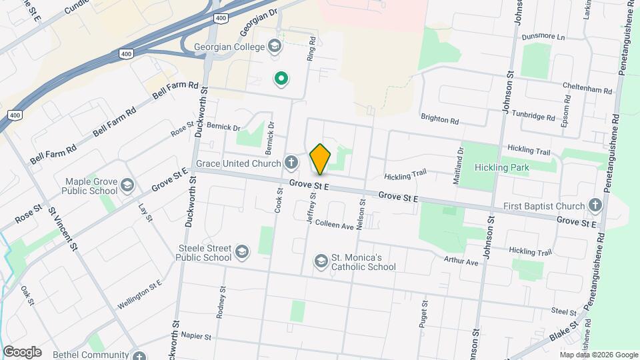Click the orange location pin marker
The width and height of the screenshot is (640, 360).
click(321, 159)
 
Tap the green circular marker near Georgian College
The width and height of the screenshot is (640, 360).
click(281, 79)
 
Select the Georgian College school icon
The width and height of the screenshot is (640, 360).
click(273, 46)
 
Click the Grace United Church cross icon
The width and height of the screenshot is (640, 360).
click(291, 162)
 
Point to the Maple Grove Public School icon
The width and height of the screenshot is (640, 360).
click(128, 184)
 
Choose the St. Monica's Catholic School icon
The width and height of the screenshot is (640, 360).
click(321, 260)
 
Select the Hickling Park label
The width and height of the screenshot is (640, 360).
click(501, 167)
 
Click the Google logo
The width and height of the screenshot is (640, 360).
click(22, 352)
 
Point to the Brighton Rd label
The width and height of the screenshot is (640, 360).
click(439, 121)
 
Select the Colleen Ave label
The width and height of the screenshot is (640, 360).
click(335, 225)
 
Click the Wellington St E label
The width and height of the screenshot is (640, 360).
click(140, 294)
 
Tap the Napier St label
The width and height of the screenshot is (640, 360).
click(195, 337)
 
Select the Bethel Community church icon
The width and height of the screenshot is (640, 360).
click(138, 355)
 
